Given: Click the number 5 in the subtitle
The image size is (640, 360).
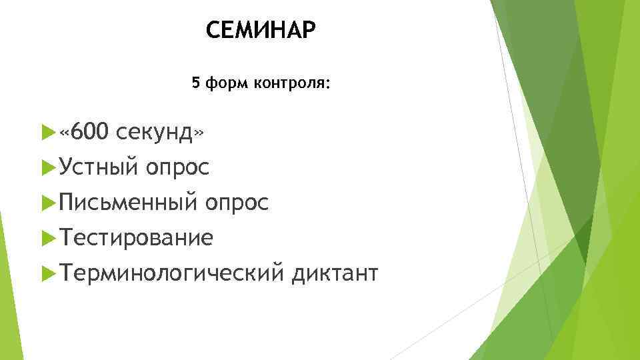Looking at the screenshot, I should [195, 83].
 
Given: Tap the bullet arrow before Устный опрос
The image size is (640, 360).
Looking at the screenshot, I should [46, 169].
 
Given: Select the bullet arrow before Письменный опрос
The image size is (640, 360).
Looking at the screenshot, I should [46, 203].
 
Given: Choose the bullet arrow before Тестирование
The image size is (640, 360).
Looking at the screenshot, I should [46, 238].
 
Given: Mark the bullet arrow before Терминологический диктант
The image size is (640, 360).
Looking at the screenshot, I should [46, 273].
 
